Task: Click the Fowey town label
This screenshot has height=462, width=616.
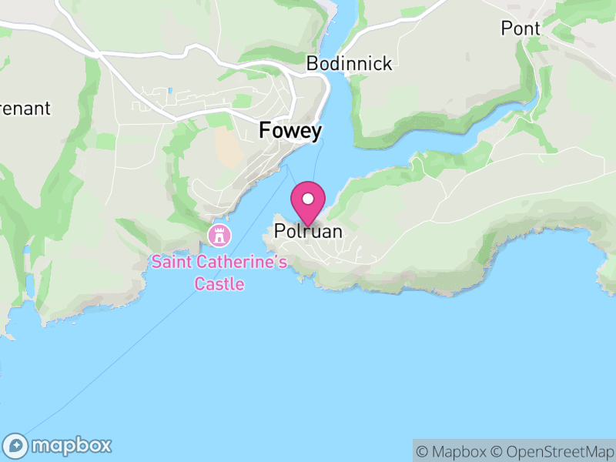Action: tap(290, 131)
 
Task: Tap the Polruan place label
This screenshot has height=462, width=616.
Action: tap(308, 231)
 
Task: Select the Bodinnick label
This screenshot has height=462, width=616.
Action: tap(349, 64)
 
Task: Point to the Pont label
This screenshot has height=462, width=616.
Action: tap(521, 28)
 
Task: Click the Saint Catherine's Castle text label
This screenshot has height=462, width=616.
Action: tap(219, 273)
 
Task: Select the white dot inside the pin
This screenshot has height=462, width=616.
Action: tap(309, 199)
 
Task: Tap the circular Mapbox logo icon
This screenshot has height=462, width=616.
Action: tap(17, 445)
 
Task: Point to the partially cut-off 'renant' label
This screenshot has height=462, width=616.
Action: tap(25, 109)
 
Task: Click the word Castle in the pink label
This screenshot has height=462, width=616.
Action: tap(219, 284)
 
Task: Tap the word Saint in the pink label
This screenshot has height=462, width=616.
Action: tap(170, 262)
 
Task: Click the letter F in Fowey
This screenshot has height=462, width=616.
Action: tap(265, 131)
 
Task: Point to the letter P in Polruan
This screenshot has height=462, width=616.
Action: tap(280, 231)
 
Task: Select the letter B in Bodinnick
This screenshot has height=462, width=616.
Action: tap(312, 64)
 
